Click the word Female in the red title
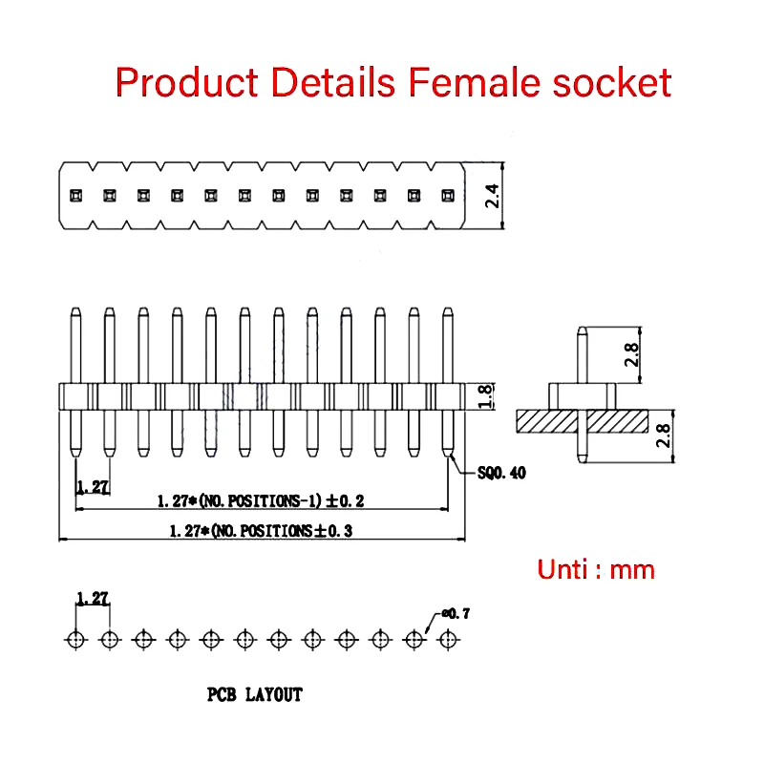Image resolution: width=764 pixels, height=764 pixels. [x=474, y=82]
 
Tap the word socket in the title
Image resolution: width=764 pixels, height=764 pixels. [x=612, y=82]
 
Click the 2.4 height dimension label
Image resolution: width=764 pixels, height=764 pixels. [x=492, y=196]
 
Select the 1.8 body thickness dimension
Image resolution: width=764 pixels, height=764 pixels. [x=485, y=396]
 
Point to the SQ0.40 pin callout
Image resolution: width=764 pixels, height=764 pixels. [x=501, y=473]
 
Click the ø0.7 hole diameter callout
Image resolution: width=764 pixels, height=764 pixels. [x=456, y=613]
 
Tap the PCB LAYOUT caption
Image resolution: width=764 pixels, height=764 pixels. [x=255, y=694]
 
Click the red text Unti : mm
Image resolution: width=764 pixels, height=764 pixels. [x=596, y=569]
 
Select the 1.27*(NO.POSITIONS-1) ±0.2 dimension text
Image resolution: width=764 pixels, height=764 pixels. [x=261, y=500]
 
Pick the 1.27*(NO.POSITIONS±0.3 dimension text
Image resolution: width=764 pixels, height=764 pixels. [x=261, y=531]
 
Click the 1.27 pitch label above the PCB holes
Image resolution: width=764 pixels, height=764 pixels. [x=93, y=598]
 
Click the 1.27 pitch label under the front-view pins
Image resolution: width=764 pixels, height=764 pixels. [x=93, y=486]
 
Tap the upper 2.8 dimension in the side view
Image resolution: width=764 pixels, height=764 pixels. [x=631, y=354]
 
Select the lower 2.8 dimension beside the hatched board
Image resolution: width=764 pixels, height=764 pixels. [x=663, y=435]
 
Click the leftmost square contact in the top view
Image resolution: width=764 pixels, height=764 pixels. [x=75, y=196]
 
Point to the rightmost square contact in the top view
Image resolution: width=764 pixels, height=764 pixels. [x=448, y=196]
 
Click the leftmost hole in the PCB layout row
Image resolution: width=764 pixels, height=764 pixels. [x=76, y=640]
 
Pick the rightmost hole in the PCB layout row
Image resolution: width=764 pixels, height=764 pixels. [x=448, y=640]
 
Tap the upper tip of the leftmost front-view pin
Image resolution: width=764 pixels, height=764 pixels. [x=75, y=308]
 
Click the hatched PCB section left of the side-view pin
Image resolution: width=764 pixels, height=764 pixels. [x=546, y=421]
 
